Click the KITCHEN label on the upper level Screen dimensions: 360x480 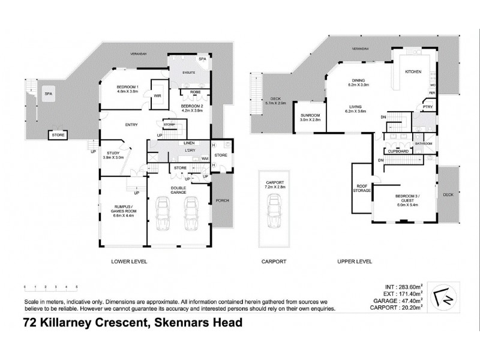click(413, 71)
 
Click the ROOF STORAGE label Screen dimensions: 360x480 click(362, 188)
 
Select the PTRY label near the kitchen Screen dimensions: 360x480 click(427, 107)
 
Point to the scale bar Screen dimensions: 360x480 click(52, 287)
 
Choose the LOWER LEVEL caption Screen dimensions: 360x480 click(130, 262)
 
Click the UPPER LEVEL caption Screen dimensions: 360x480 click(356, 262)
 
